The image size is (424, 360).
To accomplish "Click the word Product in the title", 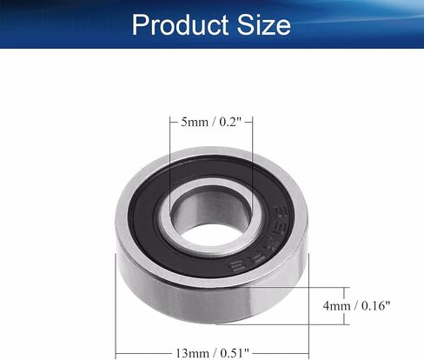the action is [180, 25].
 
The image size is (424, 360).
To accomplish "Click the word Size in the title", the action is [263, 25].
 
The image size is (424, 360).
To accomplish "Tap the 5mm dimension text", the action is [195, 122].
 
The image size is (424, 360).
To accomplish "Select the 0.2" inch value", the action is [230, 122].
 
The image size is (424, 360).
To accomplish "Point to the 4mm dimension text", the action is [336, 306].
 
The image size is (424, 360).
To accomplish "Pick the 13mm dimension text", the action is [192, 353].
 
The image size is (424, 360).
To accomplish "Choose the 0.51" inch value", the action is [235, 353].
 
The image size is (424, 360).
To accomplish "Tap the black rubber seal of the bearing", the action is [145, 220].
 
